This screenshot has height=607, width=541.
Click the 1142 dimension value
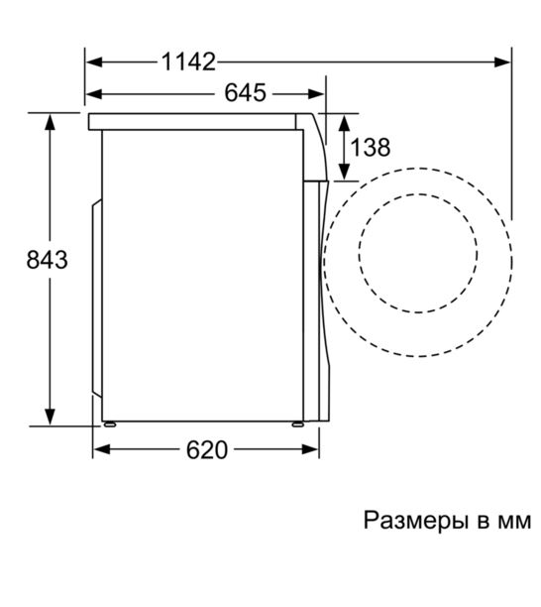coord(188,61)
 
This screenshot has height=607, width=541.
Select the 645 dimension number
coord(246,93)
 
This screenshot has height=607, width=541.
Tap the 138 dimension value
coord(371,147)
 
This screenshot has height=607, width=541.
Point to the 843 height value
coord(48,260)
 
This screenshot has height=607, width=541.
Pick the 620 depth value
coord(207,450)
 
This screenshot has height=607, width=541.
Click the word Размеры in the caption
coord(416,521)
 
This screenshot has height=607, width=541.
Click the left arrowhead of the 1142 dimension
coord(94,61)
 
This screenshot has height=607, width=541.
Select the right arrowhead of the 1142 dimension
coord(502,61)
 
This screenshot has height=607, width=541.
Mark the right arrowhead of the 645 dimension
coord(316,93)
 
